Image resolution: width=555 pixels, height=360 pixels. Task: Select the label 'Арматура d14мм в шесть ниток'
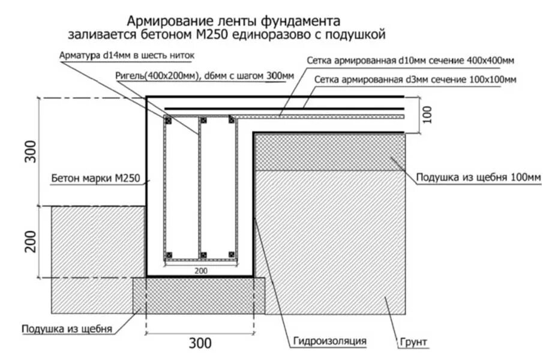[127, 55]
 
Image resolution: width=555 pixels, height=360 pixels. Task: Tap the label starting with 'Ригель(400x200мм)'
[204, 76]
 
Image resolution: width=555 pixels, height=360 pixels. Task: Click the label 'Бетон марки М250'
[95, 178]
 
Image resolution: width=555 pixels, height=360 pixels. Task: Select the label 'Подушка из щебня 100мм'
[478, 178]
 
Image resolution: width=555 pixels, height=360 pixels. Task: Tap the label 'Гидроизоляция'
[329, 341]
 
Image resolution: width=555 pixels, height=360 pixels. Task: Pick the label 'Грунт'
[413, 342]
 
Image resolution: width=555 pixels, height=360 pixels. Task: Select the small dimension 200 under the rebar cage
[201, 271]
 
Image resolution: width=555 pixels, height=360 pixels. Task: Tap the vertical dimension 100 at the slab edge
[427, 115]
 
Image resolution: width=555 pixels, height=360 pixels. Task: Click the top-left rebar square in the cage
[169, 121]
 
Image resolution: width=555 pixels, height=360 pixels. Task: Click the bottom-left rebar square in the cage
[169, 254]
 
